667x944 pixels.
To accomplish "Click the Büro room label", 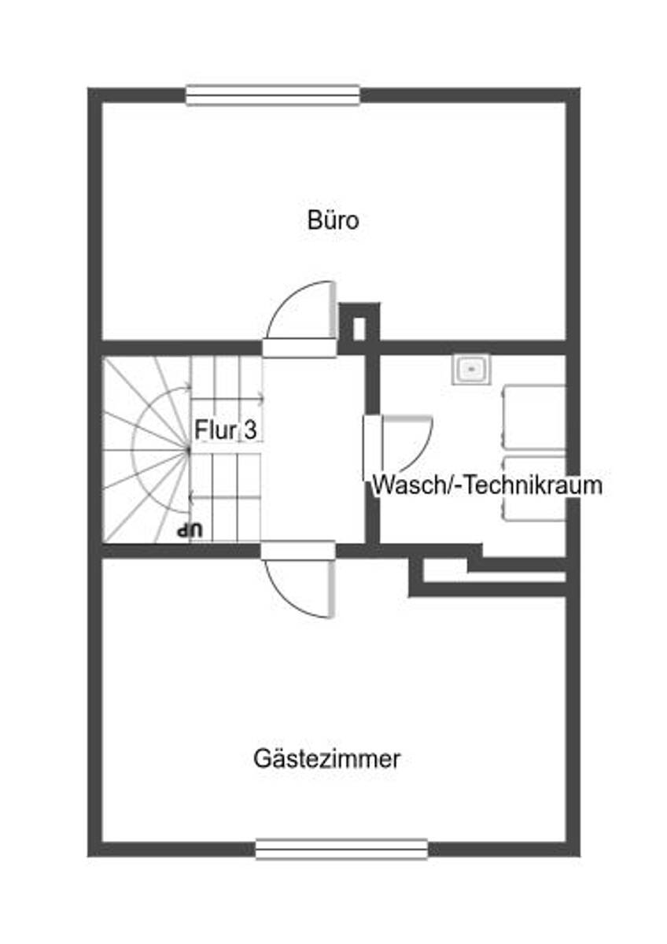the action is [333, 220].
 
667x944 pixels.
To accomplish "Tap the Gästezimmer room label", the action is [326, 759].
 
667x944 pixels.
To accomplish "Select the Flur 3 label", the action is [228, 430].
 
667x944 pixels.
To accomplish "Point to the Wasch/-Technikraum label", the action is [487, 485].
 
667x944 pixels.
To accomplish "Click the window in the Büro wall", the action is [273, 95].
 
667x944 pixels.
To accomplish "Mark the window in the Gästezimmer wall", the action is [341, 849].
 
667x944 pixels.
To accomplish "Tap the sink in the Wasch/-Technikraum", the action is [471, 368].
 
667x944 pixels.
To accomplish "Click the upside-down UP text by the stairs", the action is [189, 530].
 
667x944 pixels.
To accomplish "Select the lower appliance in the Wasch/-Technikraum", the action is [533, 488].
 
